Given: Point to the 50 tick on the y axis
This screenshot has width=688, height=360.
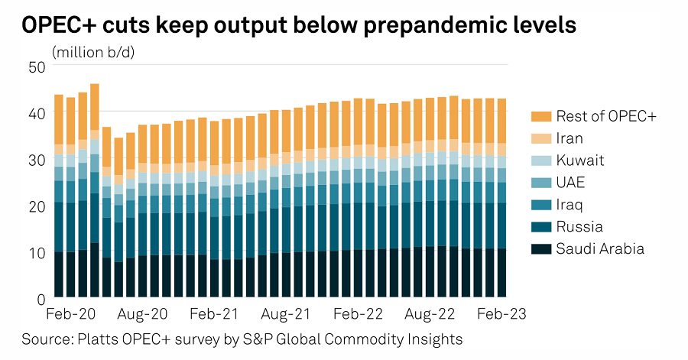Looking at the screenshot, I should (37, 67).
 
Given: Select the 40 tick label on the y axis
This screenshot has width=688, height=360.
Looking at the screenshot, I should (37, 113).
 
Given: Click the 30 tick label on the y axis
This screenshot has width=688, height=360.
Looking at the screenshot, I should (37, 160).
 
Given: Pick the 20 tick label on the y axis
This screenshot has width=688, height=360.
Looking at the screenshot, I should (37, 206).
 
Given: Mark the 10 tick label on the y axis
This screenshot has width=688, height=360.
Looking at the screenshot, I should (37, 251).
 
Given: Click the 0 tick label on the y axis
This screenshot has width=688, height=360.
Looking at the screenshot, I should (41, 297).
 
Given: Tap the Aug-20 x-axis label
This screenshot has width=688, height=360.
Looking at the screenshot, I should (143, 314).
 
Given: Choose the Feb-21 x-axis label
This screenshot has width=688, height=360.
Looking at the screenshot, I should (215, 314).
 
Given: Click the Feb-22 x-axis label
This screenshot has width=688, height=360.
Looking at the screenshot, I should (358, 314).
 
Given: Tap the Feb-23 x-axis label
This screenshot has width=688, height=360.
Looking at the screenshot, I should (501, 314).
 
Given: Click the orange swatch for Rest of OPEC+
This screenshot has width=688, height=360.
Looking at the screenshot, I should (540, 117).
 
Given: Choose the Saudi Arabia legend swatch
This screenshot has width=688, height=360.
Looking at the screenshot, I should (540, 249).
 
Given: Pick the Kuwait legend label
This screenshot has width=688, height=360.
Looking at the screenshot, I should (580, 161).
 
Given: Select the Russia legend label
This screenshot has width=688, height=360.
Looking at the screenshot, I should (579, 227).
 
